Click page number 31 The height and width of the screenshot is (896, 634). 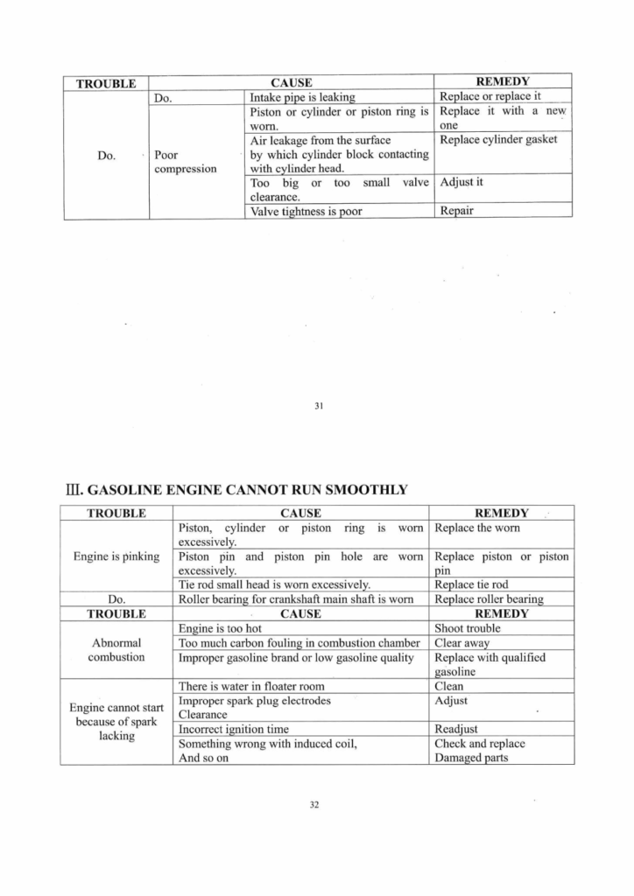click(318, 405)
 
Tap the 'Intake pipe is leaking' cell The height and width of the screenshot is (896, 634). click(303, 97)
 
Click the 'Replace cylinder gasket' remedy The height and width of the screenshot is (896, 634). click(498, 139)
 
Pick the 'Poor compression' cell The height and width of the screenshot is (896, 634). click(185, 161)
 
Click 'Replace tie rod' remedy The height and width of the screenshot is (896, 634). click(470, 584)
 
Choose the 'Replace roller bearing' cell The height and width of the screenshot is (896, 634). click(489, 599)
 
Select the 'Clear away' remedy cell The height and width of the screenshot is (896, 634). click(461, 643)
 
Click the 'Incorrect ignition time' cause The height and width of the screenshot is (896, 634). click(234, 729)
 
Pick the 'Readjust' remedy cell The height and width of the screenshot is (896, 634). click(456, 729)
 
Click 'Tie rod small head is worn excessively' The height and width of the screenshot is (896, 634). click(274, 584)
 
